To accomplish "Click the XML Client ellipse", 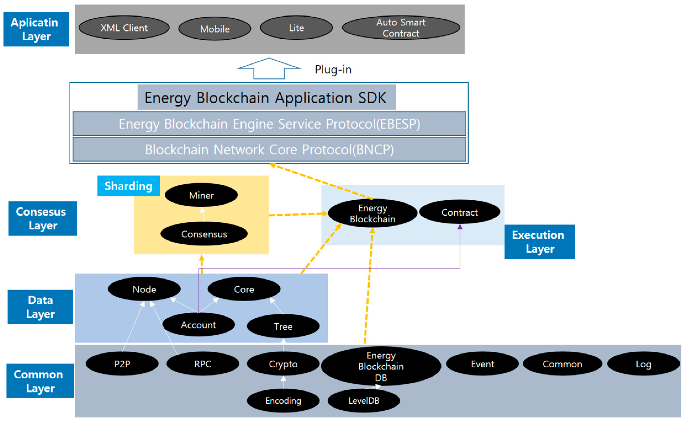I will click(x=124, y=28).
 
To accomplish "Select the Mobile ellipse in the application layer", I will click(x=215, y=29).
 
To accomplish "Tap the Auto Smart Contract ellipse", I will click(x=401, y=28).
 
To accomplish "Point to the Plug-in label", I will click(x=333, y=70).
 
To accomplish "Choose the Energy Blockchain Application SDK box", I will click(x=266, y=97).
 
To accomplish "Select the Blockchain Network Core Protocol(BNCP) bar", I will click(x=269, y=150).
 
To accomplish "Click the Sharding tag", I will click(x=128, y=186).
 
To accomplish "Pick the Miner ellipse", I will click(x=201, y=195).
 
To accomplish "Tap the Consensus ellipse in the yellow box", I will click(x=204, y=234).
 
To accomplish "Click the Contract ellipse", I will click(x=459, y=212).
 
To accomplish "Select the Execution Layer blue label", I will click(x=540, y=242).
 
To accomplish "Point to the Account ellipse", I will click(x=198, y=325).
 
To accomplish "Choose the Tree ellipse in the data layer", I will click(x=283, y=326).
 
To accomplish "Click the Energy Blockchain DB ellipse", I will click(x=381, y=366).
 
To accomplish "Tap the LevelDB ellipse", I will click(x=364, y=401).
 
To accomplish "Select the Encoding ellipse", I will click(x=283, y=401).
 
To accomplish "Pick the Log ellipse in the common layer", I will click(x=643, y=364).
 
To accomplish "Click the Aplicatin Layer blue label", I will click(x=36, y=29).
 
